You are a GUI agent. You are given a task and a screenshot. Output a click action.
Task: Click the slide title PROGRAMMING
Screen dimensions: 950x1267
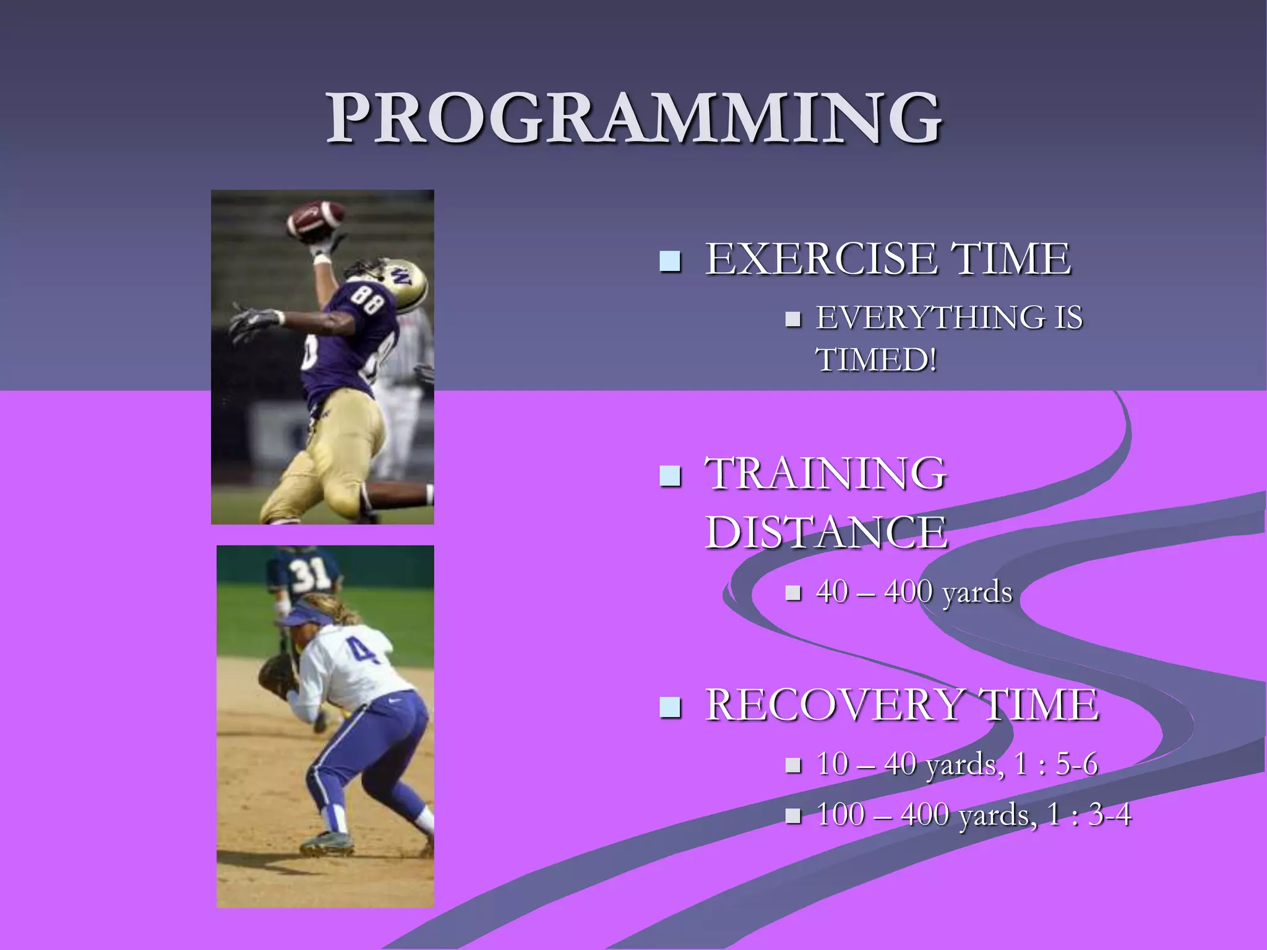(x=633, y=118)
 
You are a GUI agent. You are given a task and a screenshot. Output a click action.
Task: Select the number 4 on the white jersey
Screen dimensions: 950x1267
(x=363, y=653)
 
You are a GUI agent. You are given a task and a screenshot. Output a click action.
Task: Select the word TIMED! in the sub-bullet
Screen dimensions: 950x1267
(x=876, y=359)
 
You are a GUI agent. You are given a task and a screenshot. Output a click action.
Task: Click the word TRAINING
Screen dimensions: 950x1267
(x=826, y=473)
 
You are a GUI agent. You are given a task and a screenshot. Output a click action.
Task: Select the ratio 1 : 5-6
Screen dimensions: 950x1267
(x=1056, y=764)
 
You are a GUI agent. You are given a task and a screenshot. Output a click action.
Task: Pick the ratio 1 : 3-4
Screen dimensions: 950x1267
(x=1089, y=815)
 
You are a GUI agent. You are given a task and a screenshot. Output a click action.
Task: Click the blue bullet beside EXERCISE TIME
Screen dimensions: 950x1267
(x=670, y=262)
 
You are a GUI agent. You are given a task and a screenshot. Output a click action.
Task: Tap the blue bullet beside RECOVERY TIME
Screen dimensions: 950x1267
(x=670, y=708)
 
